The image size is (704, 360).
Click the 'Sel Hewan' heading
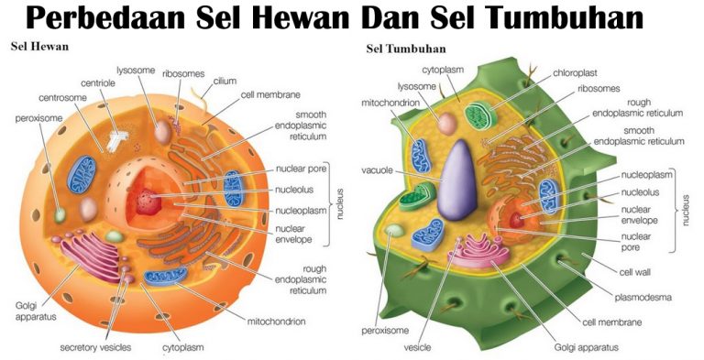coord(38,46)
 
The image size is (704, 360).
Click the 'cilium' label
coord(225,81)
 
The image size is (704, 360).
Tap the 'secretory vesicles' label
coord(96,348)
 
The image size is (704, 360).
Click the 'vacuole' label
coord(378,170)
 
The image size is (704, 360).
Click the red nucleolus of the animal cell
coord(146,199)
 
